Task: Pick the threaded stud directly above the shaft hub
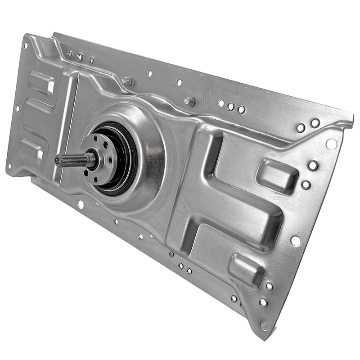coord(127,81)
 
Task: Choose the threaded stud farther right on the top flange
coord(189,102)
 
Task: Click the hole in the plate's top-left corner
coord(26,45)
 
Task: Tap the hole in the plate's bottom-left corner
coord(9,166)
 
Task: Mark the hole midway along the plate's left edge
coord(17,108)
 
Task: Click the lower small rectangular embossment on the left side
coord(31,149)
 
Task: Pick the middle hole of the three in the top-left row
coord(80,57)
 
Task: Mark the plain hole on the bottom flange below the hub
coord(81,205)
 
